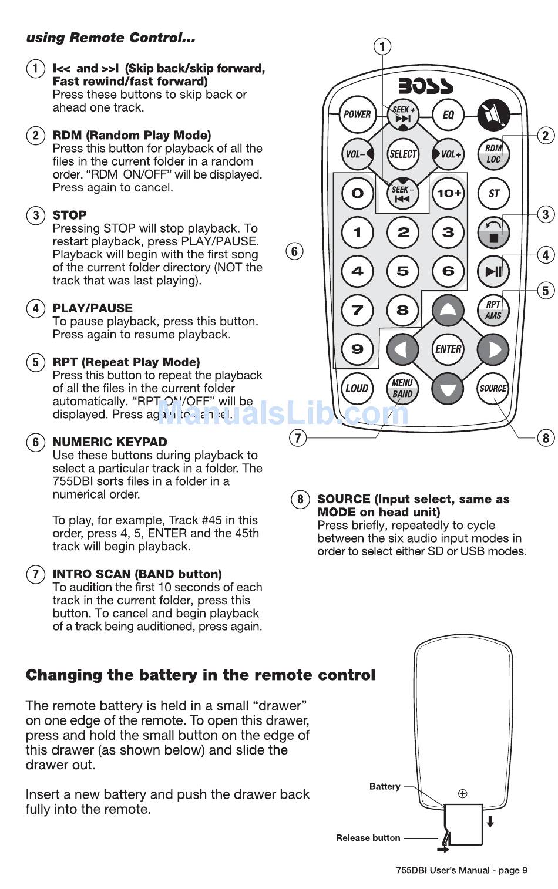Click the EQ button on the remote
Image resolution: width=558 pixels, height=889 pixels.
point(448,115)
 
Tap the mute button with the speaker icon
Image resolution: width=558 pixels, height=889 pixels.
point(493,115)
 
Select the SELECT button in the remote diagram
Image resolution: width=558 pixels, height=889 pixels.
point(403,154)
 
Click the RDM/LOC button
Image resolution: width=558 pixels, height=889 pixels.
point(493,154)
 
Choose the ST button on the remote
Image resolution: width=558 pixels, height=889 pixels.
point(493,193)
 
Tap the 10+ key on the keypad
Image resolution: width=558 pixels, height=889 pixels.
point(448,193)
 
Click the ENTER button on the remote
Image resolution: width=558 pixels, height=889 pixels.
point(448,349)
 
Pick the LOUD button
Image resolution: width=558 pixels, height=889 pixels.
point(357,388)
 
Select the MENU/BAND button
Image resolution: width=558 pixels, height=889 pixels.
point(402,388)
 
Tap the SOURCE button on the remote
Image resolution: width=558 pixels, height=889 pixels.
point(493,388)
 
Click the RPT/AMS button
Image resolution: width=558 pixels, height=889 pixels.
point(493,310)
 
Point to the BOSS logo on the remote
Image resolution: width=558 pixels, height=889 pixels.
point(426,86)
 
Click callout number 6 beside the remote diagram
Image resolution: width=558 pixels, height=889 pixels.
point(294,251)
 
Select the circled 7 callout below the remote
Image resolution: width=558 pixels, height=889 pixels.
point(298,437)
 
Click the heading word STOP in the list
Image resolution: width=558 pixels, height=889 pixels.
point(69,215)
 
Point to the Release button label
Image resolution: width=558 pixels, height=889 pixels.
point(368,838)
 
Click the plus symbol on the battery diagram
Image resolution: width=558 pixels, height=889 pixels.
point(463,793)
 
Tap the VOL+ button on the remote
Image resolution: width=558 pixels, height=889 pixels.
point(449,154)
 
